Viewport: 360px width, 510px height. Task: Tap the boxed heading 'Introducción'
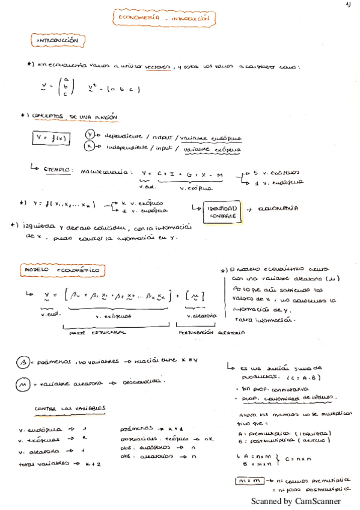[58, 41]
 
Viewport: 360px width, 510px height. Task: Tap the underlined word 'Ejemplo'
[57, 170]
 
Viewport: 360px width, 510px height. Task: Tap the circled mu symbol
[23, 383]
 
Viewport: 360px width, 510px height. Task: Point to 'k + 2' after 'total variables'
[92, 465]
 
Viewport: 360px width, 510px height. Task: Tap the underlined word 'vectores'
[157, 67]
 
